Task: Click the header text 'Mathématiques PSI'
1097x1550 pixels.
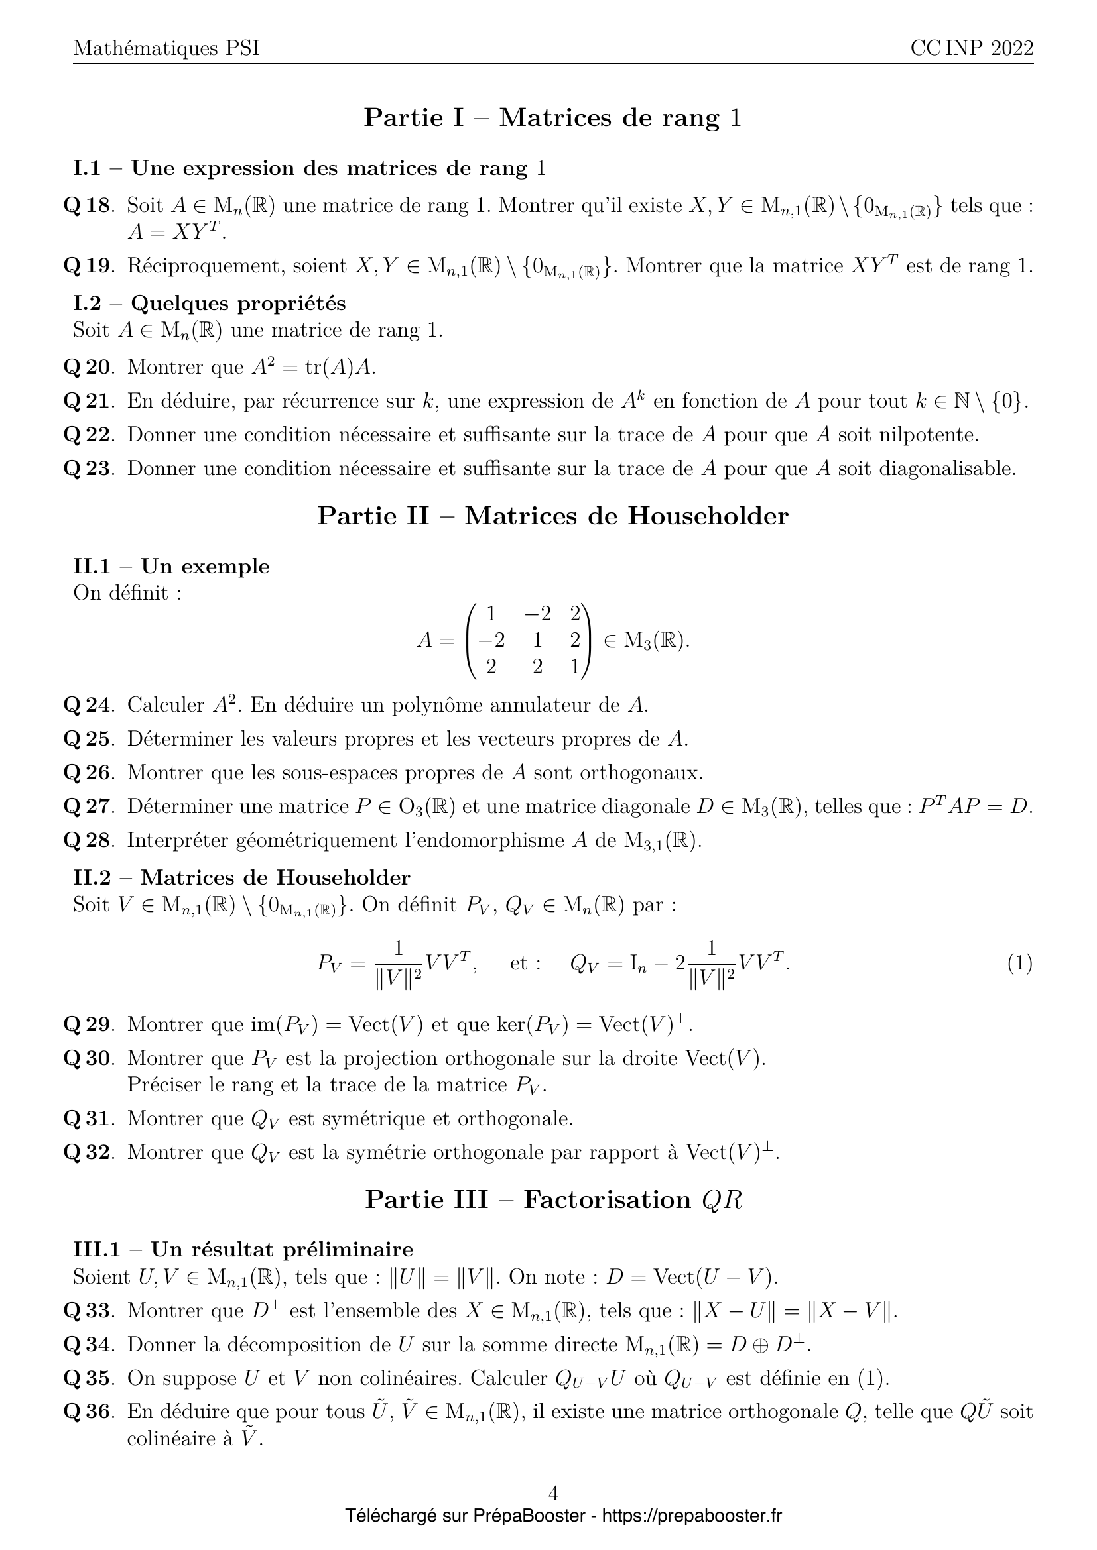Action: pos(166,48)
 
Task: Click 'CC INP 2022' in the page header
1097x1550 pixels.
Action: pos(972,48)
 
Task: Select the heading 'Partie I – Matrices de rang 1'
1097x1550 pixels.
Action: pos(552,118)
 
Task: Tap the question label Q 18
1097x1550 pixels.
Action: pos(86,205)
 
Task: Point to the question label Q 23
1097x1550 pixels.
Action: pos(86,469)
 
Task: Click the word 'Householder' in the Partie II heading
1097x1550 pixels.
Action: pos(707,516)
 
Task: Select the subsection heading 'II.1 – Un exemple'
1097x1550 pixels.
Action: pos(171,566)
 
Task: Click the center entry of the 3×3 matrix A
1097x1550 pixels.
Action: pos(537,639)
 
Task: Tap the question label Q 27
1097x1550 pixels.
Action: pos(86,806)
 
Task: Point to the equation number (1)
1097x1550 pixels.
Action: pos(1019,964)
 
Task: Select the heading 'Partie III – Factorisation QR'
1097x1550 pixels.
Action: pos(553,1199)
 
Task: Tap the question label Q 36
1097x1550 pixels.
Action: pos(86,1412)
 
